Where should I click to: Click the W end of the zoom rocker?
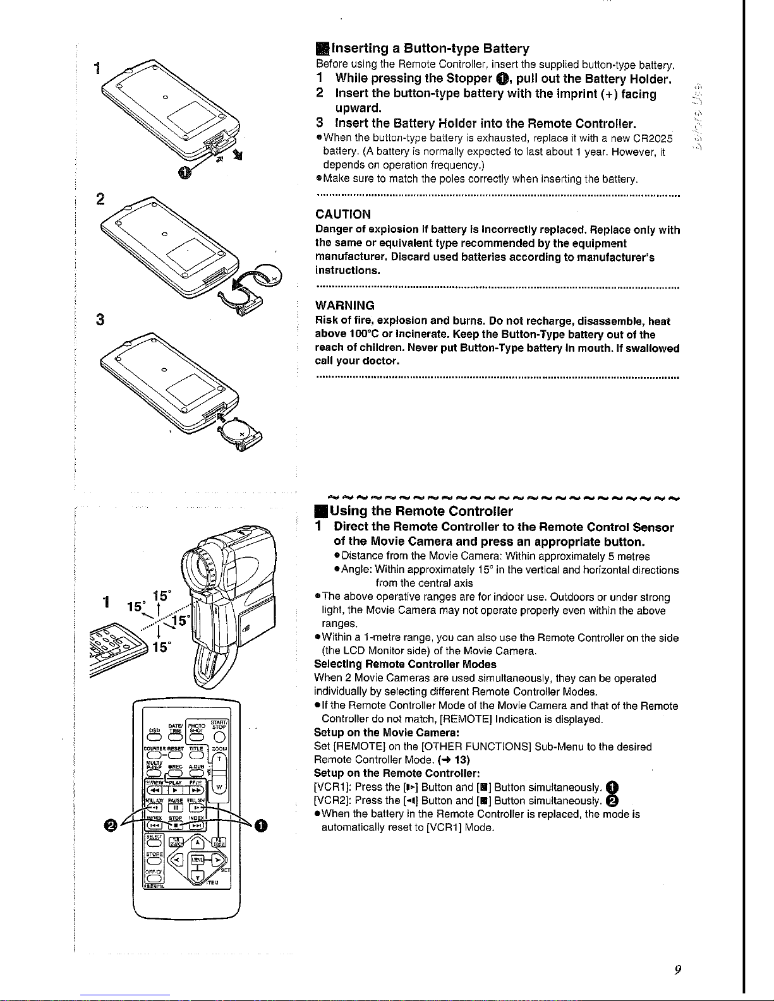219,787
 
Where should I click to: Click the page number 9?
677,970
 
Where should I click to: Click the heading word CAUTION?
343,214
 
